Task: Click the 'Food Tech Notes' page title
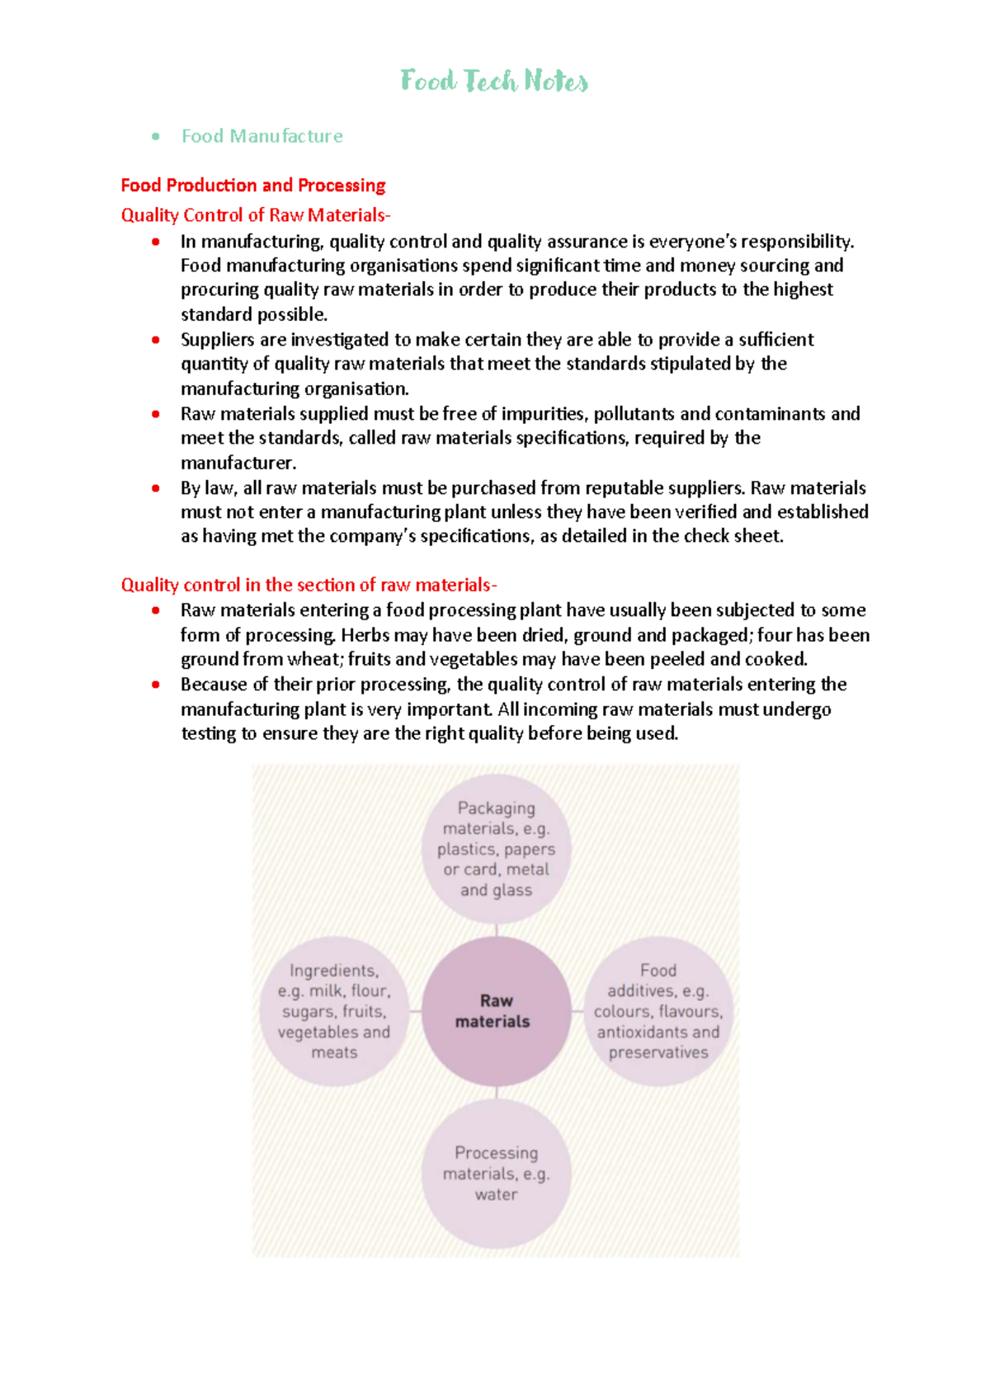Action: click(x=494, y=81)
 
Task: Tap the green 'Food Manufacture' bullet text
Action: click(x=262, y=136)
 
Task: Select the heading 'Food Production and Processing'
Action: click(x=253, y=186)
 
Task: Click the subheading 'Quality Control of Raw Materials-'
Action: click(x=256, y=215)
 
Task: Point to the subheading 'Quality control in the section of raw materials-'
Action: click(x=309, y=586)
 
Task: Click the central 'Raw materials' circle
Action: click(x=496, y=1011)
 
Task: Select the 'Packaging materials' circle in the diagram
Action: click(x=496, y=849)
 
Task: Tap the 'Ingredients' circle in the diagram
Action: click(x=334, y=1011)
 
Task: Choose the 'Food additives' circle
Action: click(x=658, y=1011)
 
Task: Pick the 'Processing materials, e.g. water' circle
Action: click(x=496, y=1173)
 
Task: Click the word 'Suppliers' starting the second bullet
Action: click(x=217, y=340)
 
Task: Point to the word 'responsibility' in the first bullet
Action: click(x=796, y=242)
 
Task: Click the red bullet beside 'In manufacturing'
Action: click(x=155, y=242)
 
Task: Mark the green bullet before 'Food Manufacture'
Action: click(x=155, y=136)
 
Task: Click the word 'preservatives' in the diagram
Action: click(x=658, y=1053)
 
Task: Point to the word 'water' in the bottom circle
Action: click(x=496, y=1194)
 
